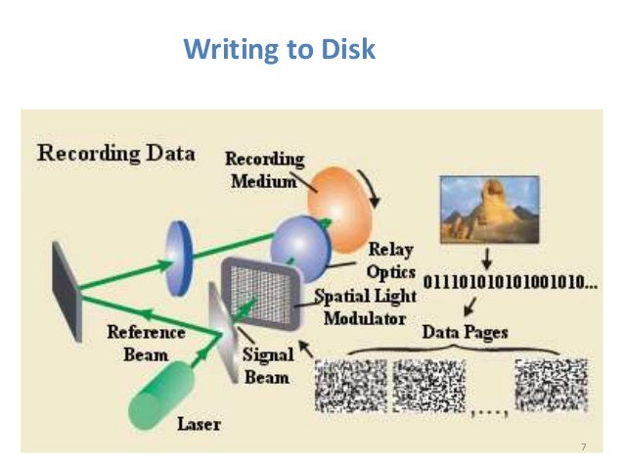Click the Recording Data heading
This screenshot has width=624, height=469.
[115, 154]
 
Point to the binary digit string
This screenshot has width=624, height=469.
[509, 284]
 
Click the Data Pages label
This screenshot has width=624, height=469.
[465, 332]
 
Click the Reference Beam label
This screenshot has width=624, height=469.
[139, 342]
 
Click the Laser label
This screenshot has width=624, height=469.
[199, 425]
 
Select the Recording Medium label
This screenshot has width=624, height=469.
[265, 169]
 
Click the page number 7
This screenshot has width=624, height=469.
[583, 446]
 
